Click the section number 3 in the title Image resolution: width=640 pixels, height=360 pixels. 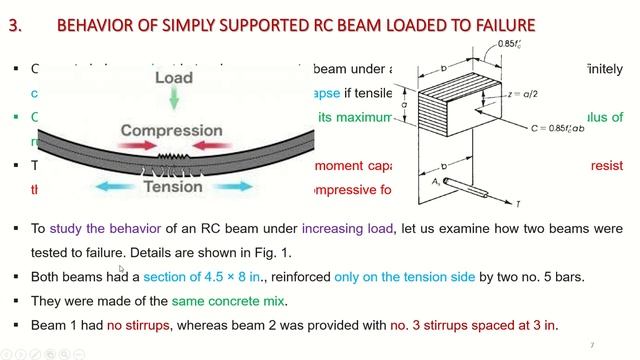[x=14, y=24]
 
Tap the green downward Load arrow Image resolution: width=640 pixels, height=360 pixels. [x=174, y=97]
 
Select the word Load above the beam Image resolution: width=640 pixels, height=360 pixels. [x=174, y=76]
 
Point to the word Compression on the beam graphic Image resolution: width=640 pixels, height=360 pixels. [x=172, y=131]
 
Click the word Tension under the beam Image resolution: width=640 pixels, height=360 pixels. [x=173, y=187]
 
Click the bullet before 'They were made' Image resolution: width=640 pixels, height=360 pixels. [x=17, y=301]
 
